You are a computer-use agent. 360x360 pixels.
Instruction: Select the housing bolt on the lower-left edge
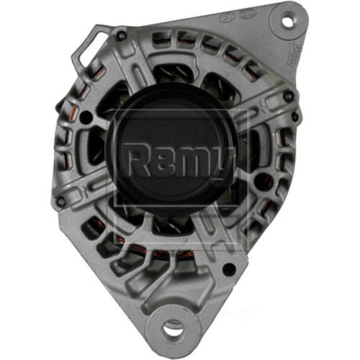(x=63, y=201)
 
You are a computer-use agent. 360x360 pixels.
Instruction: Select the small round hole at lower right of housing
(x=228, y=269)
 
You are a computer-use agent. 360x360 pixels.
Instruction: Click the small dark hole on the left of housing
(x=86, y=117)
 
